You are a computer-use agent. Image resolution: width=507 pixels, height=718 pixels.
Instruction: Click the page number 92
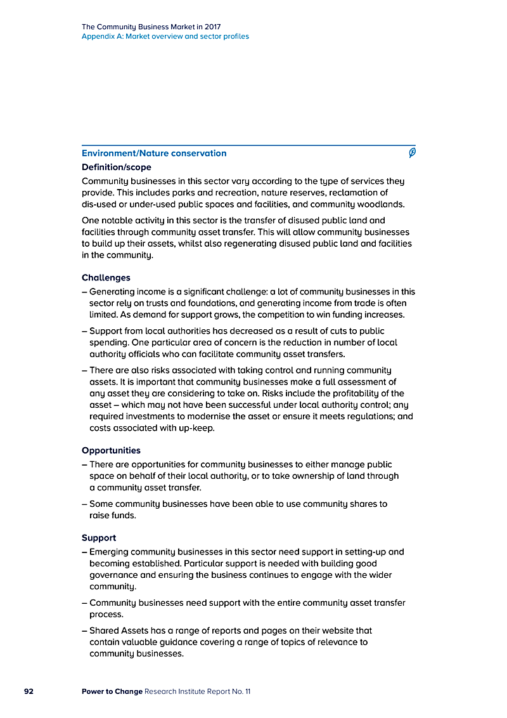click(29, 691)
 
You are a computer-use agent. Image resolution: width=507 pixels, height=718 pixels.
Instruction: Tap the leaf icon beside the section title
click(412, 153)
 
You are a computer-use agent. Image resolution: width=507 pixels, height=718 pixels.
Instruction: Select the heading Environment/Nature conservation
click(154, 153)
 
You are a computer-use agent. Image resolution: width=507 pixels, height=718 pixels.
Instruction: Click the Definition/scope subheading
click(117, 167)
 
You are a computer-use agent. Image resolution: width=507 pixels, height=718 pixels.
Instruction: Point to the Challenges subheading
click(106, 277)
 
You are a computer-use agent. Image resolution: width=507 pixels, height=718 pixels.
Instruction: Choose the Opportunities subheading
click(111, 450)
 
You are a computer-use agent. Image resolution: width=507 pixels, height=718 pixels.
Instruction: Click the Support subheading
click(99, 538)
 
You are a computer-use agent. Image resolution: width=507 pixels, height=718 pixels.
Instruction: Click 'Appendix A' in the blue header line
click(102, 37)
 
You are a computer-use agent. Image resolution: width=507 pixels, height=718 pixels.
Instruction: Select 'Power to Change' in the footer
click(112, 691)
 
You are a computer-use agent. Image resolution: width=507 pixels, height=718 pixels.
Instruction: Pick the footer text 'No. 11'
click(241, 691)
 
